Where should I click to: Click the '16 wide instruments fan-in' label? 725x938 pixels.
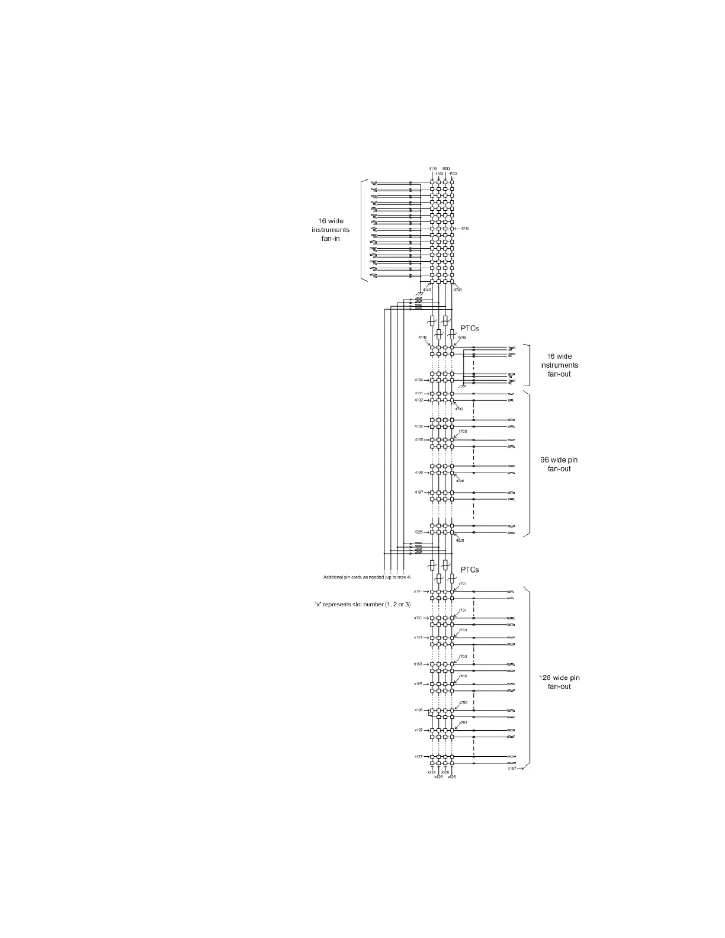click(331, 230)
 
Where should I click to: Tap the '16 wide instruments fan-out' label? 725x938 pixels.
click(559, 365)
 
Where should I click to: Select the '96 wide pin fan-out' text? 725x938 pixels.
click(560, 464)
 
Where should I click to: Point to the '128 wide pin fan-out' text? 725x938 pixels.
click(559, 682)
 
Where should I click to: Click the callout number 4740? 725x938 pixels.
click(464, 229)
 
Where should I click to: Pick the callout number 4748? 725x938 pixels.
click(458, 290)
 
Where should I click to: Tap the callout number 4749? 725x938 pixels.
click(462, 338)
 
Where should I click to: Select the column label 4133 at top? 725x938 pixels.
click(433, 169)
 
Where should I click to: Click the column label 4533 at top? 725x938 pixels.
click(446, 169)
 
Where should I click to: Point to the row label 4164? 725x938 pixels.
click(419, 380)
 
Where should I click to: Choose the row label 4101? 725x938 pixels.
click(419, 393)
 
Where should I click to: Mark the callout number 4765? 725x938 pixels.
click(463, 432)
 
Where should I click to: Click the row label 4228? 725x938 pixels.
click(419, 532)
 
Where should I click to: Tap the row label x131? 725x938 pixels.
click(418, 618)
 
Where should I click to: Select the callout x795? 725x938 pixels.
click(463, 703)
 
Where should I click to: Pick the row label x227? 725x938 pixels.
click(418, 756)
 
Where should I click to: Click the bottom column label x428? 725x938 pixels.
click(438, 777)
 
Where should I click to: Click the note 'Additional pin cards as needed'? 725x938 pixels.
click(367, 577)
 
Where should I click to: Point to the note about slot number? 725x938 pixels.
click(362, 604)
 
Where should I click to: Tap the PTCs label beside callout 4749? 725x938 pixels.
click(470, 327)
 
